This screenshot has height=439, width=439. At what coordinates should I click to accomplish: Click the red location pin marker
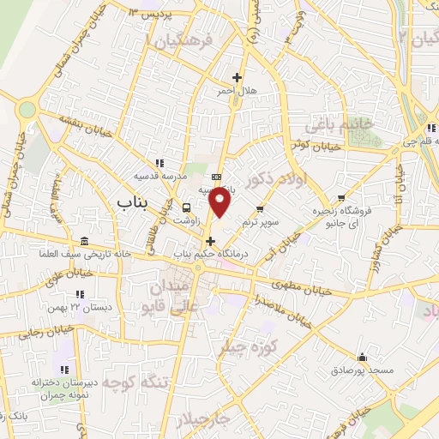(x=220, y=202)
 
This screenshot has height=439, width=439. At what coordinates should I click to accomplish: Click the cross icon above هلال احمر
(x=249, y=77)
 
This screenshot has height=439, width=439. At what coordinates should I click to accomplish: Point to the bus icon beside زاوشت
(x=186, y=207)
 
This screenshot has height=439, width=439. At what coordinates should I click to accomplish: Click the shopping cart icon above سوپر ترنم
(x=261, y=208)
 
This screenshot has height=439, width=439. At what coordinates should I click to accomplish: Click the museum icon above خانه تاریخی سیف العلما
(x=82, y=241)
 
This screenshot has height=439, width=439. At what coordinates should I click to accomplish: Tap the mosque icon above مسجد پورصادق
(x=362, y=358)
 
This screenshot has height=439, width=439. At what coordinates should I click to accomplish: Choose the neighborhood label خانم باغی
(x=350, y=124)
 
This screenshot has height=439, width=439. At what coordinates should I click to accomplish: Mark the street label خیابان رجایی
(x=26, y=336)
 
